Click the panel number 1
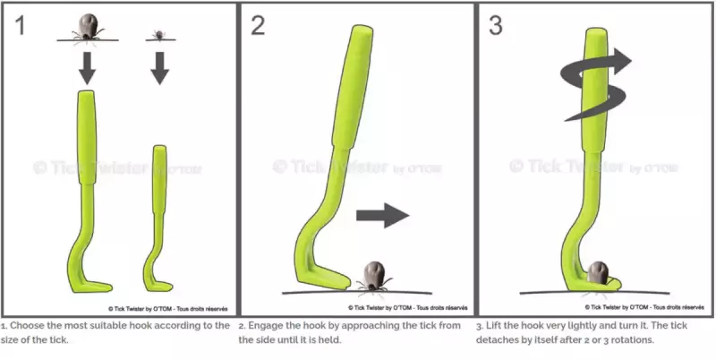point(20,25)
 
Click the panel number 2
point(258,25)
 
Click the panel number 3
point(496,25)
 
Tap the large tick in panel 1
point(88,28)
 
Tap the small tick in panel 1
point(159,35)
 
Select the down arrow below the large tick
point(87,69)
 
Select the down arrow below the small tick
point(160,69)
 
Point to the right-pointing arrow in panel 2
point(383,215)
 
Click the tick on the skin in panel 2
point(374,276)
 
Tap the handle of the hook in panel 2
point(353,87)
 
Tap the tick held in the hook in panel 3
point(597,273)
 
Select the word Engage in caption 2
point(264,326)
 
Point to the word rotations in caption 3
point(633,340)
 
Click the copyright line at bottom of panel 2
point(408,308)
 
